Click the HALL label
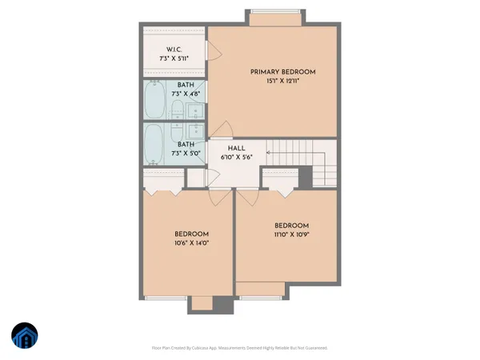235,149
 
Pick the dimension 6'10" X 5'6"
235,158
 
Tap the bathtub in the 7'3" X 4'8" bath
154,102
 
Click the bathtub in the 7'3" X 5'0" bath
154,145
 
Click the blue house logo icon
26,336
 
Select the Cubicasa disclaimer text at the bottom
239,348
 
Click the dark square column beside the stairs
305,178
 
